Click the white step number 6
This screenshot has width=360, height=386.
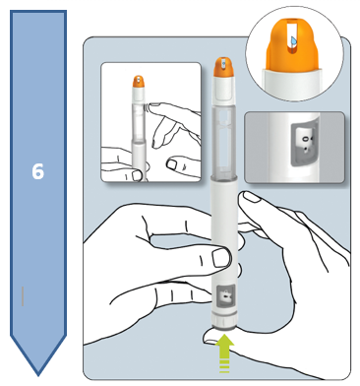click(x=37, y=171)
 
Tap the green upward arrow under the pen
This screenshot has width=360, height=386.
click(x=224, y=353)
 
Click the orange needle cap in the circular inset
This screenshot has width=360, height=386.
click(x=293, y=46)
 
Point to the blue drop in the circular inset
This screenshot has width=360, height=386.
click(x=293, y=40)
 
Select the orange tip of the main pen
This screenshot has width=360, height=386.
click(x=223, y=68)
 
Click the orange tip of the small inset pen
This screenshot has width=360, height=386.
click(x=139, y=82)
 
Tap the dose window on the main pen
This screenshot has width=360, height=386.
click(x=226, y=297)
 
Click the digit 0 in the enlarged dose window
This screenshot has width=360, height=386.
click(x=306, y=139)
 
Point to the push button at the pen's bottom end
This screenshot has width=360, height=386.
click(x=224, y=324)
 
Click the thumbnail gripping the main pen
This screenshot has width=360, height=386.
click(x=221, y=257)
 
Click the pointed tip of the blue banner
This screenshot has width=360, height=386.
click(x=38, y=375)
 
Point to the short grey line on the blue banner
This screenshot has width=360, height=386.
click(x=23, y=296)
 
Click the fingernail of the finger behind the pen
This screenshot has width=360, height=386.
click(x=251, y=197)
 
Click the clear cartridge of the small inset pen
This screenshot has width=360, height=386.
click(x=139, y=120)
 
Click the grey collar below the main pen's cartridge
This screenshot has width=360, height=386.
click(x=224, y=179)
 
